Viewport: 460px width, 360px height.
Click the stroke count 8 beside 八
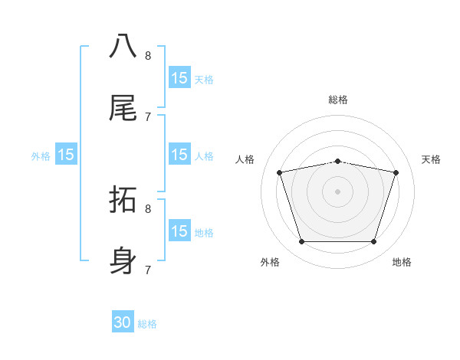pos(148,55)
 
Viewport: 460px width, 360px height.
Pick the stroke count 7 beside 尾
pos(148,116)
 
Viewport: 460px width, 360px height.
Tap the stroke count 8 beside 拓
pos(148,208)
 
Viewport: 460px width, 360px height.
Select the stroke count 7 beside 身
pos(148,270)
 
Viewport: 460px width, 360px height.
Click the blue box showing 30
pos(123,322)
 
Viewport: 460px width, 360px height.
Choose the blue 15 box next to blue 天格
pos(179,78)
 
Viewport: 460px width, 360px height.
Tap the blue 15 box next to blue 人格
pos(179,155)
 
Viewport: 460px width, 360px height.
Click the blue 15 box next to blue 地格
pos(179,231)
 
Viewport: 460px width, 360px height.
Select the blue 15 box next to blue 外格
pos(66,155)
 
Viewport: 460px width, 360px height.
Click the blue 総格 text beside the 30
pos(147,324)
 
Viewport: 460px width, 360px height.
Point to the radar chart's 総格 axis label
pos(337,100)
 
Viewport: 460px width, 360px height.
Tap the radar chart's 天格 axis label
pos(431,159)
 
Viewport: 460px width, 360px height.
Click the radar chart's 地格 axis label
pos(402,262)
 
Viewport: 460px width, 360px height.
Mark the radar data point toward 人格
pos(280,172)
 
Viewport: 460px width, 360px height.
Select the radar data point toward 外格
pos(301,242)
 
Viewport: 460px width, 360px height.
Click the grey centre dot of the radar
pos(337,191)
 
